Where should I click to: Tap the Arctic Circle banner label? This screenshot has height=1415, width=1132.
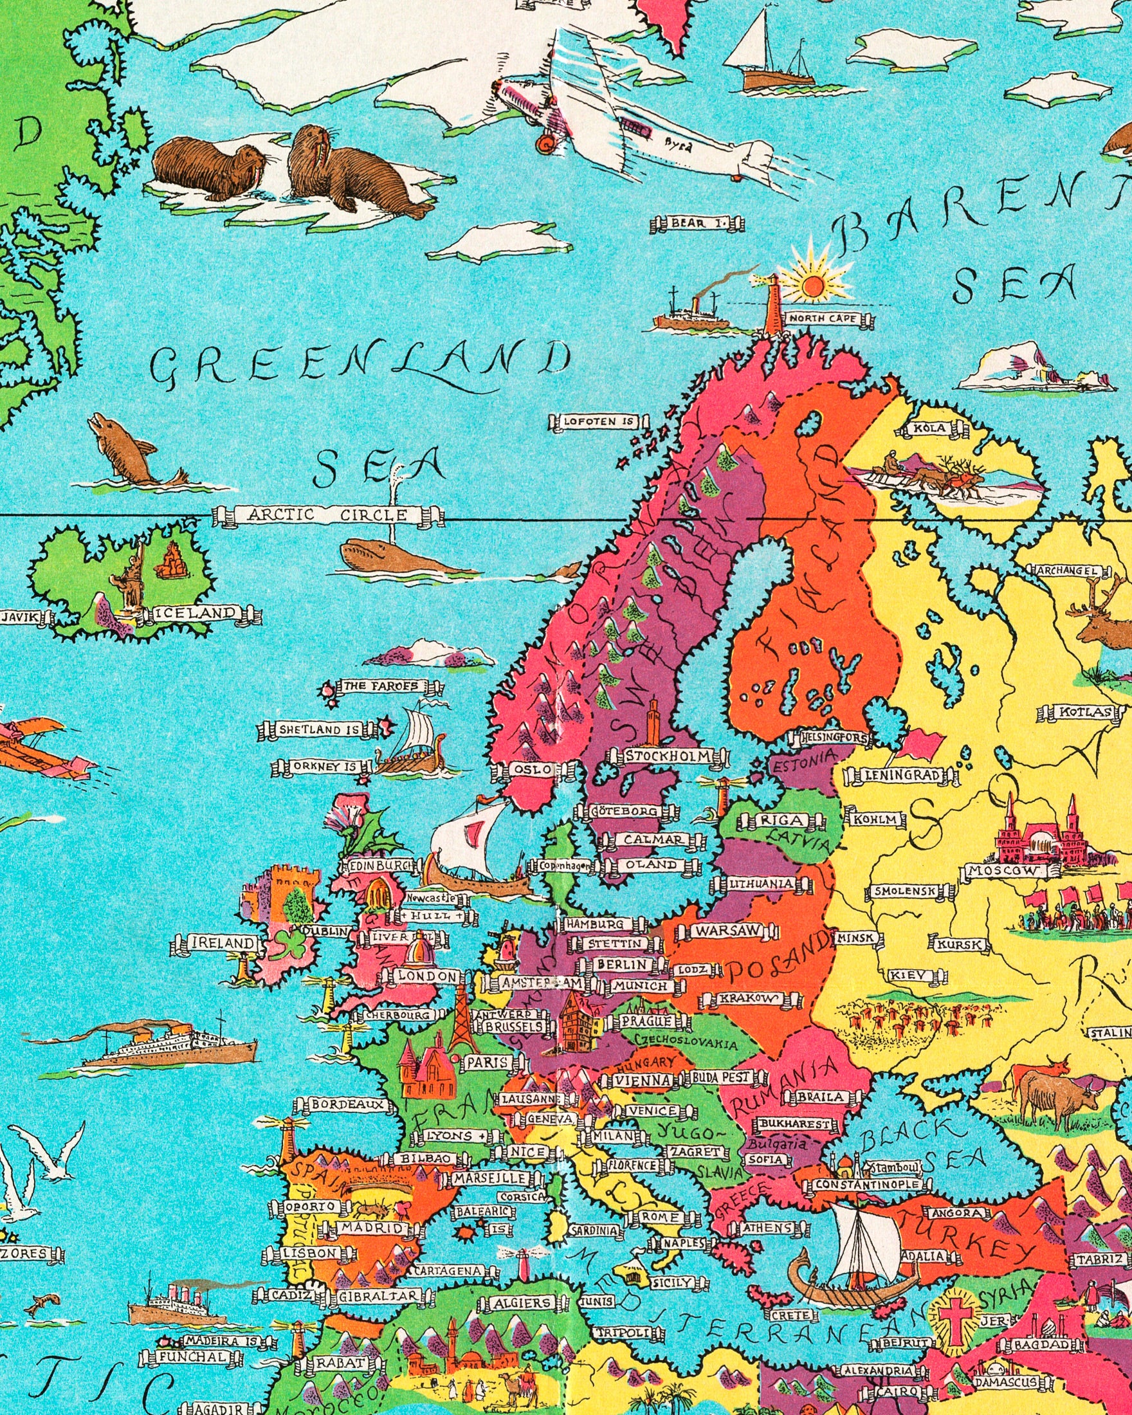[x=327, y=515]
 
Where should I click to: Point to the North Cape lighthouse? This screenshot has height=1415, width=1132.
[x=774, y=305]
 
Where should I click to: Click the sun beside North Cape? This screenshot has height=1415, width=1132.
[x=812, y=285]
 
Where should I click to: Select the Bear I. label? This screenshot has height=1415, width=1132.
[x=697, y=224]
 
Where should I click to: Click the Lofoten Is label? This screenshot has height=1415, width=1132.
[x=599, y=422]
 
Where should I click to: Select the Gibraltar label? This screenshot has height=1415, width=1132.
[x=378, y=1297]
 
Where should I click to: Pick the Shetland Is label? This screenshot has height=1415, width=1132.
[x=318, y=730]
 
